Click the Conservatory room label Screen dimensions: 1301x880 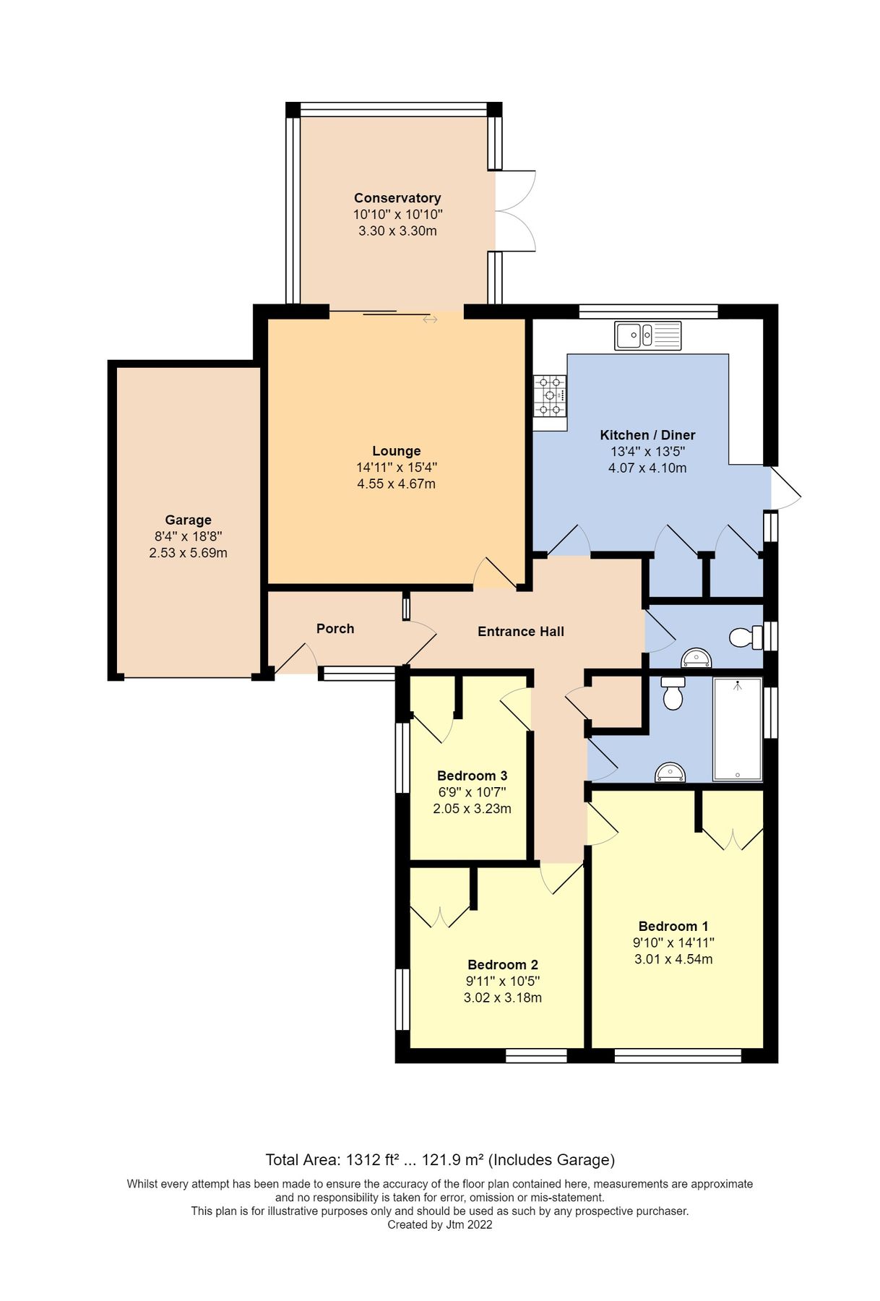pyautogui.click(x=397, y=198)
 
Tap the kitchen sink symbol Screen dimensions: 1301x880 pyautogui.click(x=647, y=335)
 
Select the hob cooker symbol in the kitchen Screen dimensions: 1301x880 pyautogui.click(x=550, y=396)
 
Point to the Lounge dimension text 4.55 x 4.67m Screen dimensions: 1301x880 pyautogui.click(x=396, y=484)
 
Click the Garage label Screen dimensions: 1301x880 pyautogui.click(x=188, y=520)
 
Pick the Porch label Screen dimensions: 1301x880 pyautogui.click(x=335, y=629)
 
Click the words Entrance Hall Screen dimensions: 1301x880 pyautogui.click(x=520, y=632)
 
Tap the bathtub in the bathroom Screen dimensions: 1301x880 pyautogui.click(x=737, y=729)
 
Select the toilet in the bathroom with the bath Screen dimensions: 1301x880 pyautogui.click(x=673, y=693)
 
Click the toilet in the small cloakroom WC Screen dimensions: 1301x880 pyautogui.click(x=746, y=637)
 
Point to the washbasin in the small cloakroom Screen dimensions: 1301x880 pyautogui.click(x=696, y=658)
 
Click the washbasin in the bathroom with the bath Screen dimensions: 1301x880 pyautogui.click(x=670, y=773)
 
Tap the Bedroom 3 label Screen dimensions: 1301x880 pyautogui.click(x=472, y=776)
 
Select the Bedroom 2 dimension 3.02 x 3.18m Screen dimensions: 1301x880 pyautogui.click(x=502, y=997)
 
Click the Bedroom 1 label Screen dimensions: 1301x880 pyautogui.click(x=673, y=926)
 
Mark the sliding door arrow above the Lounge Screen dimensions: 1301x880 pyautogui.click(x=430, y=319)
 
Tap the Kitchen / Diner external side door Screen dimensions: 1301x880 pyautogui.click(x=785, y=489)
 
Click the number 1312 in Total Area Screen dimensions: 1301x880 pyautogui.click(x=363, y=1160)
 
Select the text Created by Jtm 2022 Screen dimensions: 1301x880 pyautogui.click(x=439, y=1224)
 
